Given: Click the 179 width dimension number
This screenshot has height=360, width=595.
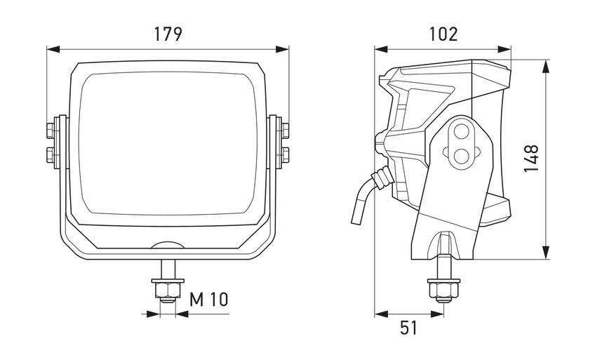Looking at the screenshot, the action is (168, 34).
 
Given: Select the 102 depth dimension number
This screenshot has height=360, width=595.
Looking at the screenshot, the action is (443, 34).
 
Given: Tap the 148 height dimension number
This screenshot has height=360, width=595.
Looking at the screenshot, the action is (531, 158).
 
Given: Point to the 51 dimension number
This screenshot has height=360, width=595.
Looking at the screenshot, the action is (408, 328).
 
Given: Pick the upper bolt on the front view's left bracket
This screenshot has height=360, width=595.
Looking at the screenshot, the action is (51, 131).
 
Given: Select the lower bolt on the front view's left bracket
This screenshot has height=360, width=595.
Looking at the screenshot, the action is (51, 155).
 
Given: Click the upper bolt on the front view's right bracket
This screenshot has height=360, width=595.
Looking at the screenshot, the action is (285, 131).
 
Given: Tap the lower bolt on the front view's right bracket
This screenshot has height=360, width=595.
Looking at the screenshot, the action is (285, 155).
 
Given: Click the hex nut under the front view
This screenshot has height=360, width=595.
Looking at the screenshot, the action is (168, 291).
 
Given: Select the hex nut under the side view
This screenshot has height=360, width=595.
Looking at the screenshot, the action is (443, 291).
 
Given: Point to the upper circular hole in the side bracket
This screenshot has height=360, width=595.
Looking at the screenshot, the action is (462, 133).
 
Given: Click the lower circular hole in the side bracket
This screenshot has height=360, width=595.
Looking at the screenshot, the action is (462, 156).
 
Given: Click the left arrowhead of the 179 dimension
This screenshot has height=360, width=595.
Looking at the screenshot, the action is (53, 49).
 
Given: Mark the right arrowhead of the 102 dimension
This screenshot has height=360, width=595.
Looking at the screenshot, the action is (504, 49).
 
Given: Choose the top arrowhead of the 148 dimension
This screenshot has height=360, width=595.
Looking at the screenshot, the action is (546, 67).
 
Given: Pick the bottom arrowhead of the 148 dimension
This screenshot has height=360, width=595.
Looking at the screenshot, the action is (546, 252).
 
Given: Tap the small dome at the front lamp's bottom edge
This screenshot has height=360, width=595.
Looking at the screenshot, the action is (168, 245).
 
